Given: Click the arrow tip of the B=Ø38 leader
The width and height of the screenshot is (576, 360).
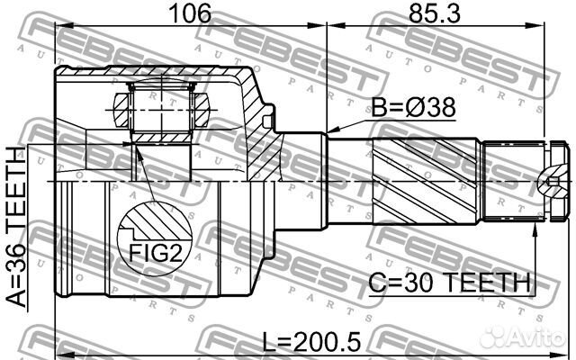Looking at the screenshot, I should (328, 132).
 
